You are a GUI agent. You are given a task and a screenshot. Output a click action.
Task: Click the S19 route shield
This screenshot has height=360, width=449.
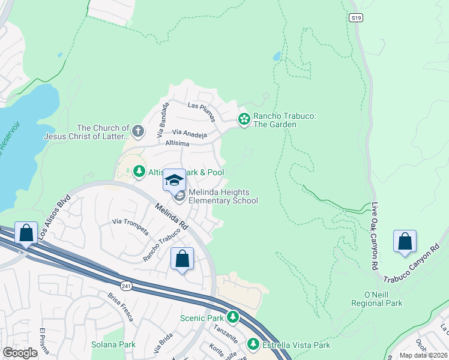356,19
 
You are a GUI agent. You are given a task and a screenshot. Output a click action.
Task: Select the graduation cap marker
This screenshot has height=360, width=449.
174,179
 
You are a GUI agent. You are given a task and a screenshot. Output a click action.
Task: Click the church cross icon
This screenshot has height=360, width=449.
138,131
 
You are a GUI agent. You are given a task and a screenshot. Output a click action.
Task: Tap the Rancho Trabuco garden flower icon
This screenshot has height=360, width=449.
244,119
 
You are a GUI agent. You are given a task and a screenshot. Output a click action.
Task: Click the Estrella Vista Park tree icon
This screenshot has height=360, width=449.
253,344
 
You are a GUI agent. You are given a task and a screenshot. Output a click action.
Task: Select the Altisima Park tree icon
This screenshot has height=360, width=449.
139,172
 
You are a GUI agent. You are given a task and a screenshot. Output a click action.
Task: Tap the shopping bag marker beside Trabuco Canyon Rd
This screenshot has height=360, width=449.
405,241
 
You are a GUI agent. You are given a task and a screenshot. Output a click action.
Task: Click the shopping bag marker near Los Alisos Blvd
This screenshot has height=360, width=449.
26,233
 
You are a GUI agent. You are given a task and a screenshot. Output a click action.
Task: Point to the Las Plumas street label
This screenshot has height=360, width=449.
201,105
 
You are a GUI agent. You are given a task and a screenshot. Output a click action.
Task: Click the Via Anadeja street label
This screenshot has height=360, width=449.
189,133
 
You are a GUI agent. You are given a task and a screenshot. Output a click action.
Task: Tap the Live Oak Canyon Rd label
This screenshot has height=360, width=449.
374,236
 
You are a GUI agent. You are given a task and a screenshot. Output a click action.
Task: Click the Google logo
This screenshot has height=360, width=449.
20,353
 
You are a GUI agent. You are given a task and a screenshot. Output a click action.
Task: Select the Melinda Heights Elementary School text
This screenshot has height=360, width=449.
223,196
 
